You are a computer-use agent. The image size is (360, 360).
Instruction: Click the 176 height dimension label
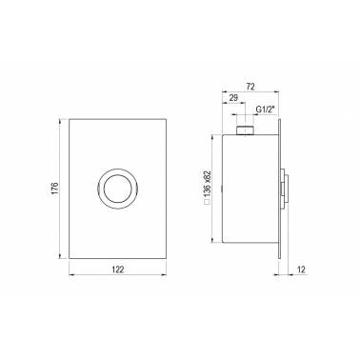pos(54,189)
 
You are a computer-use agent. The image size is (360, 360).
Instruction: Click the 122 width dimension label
pos(117,270)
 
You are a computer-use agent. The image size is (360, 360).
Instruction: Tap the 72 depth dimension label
pos(250,87)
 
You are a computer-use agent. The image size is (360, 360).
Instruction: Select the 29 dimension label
pos(233,98)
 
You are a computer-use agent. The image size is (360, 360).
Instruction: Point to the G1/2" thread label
pos(265,110)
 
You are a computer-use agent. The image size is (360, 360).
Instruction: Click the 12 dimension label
pos(301,270)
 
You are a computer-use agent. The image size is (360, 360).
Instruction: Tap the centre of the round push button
pos(117,189)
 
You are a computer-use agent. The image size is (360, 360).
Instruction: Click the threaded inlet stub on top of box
pos(245,130)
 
